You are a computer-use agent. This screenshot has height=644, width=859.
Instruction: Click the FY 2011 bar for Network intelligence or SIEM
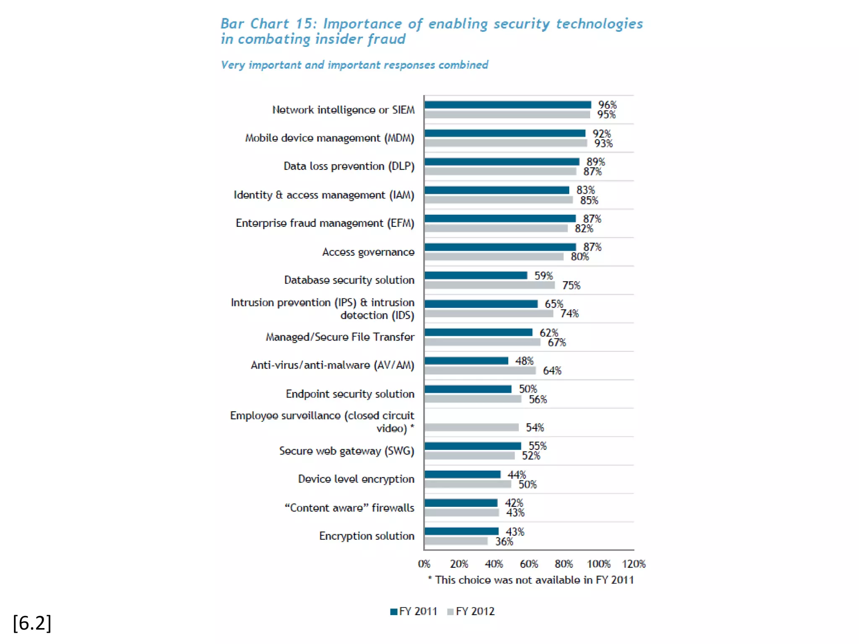tap(508, 105)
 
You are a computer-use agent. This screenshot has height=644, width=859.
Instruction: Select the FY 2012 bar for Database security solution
tap(489, 285)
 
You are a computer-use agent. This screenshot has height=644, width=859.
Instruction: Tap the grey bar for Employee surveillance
tap(471, 427)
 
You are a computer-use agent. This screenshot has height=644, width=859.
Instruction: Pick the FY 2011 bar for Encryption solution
tap(461, 531)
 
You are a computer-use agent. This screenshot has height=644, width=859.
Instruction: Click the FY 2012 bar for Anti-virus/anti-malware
tap(480, 371)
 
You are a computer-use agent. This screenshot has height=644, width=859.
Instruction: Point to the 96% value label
tap(607, 105)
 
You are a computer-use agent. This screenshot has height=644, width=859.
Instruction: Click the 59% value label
tap(544, 275)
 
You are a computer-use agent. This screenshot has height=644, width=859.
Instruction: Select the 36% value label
tap(504, 541)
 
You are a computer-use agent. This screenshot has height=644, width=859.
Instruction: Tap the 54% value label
tap(535, 427)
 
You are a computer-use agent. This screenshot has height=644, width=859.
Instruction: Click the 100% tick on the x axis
tap(599, 564)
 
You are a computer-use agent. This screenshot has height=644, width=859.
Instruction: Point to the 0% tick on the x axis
tap(424, 564)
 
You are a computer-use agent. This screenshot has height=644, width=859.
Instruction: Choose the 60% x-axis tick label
tap(529, 564)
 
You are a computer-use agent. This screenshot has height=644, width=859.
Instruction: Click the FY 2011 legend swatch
tap(393, 612)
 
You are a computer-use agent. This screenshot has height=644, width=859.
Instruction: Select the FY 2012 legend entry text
tap(475, 611)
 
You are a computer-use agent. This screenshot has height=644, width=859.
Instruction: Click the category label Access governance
tap(368, 252)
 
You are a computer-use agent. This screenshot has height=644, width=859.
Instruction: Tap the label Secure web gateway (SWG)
tap(346, 451)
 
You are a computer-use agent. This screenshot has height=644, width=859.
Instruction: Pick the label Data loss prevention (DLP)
tap(349, 166)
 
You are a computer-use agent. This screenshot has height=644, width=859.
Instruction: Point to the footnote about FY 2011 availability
tap(531, 580)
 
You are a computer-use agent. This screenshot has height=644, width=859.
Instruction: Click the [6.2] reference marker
tap(32, 623)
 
